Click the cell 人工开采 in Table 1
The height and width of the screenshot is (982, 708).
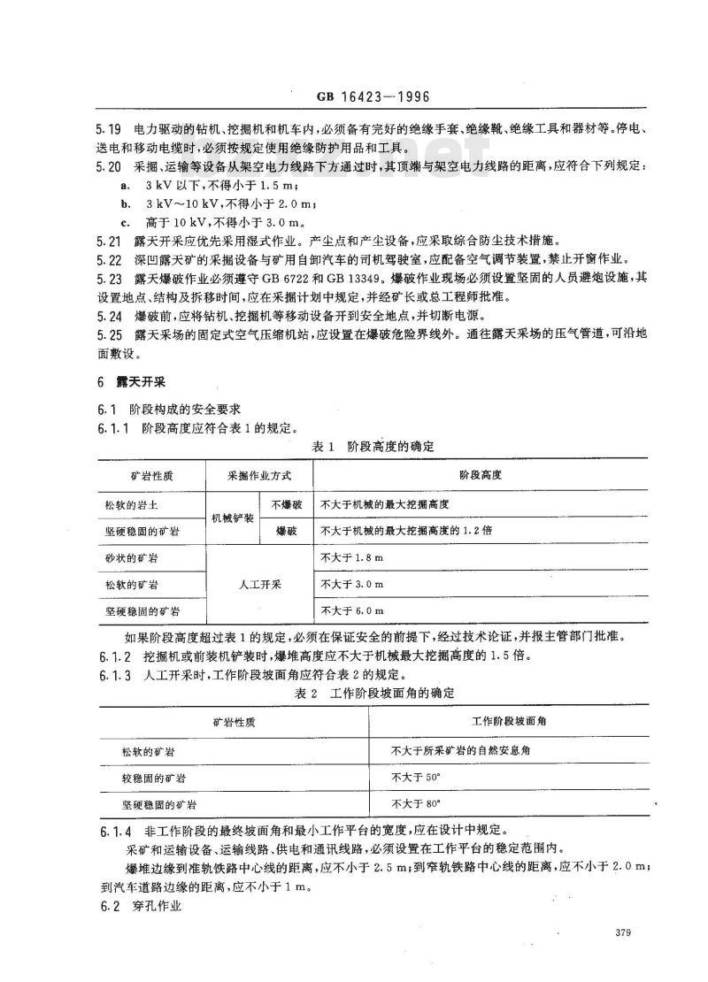[260, 585]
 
